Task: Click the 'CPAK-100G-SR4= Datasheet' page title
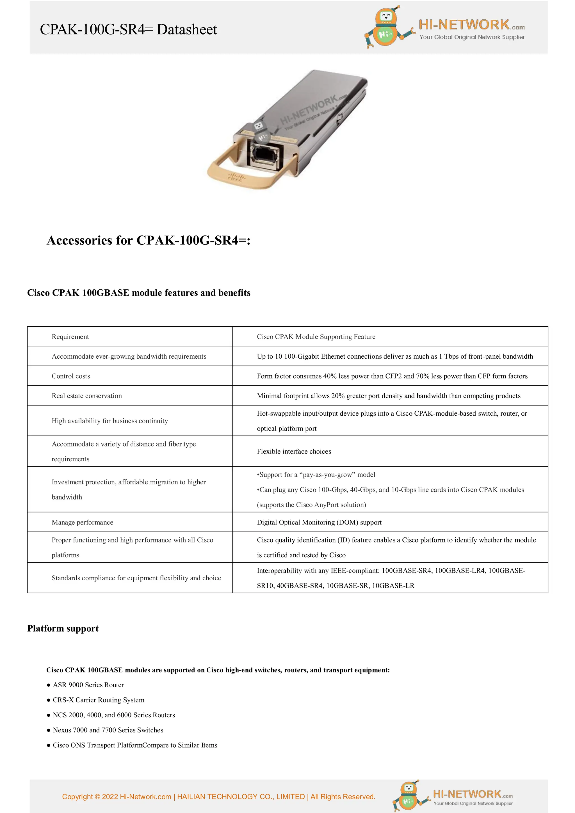coord(128,29)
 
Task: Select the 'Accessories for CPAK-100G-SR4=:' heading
coord(149,241)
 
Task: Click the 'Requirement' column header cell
coord(70,337)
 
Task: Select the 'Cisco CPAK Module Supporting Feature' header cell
coord(316,337)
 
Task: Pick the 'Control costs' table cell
coord(71,376)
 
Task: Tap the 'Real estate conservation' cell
coord(87,396)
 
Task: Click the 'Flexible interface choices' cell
coord(294,452)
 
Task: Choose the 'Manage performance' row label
coord(83,522)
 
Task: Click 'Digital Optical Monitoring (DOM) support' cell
coord(319,522)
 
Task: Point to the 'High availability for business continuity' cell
coord(110,421)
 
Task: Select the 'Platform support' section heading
coord(63,629)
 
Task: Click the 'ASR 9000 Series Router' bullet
coord(88,685)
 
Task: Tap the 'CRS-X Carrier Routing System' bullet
coord(99,700)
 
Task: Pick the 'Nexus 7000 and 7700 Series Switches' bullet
coord(108,730)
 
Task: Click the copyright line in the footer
coord(219,797)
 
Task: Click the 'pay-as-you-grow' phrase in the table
coord(327,475)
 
